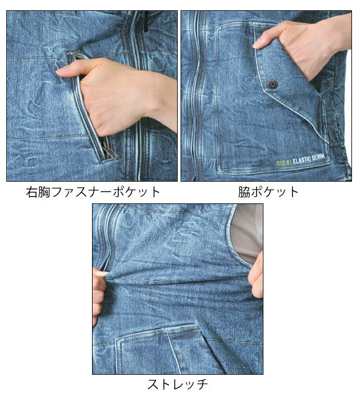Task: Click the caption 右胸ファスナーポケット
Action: tap(93, 192)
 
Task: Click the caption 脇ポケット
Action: tap(269, 192)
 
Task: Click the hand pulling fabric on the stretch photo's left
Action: tap(100, 291)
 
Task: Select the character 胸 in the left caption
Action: tap(46, 192)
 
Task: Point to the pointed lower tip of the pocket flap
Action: tap(327, 141)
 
